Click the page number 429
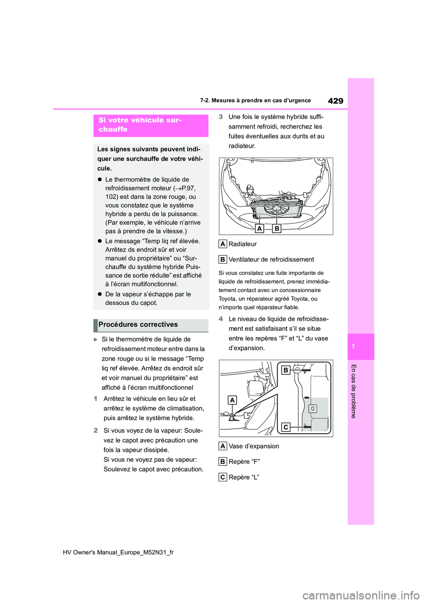point(335,101)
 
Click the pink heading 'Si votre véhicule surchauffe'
point(140,125)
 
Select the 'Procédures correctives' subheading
point(138,325)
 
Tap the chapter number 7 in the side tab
point(354,346)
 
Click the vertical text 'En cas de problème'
point(354,391)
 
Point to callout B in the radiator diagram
point(277,228)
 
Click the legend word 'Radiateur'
point(242,244)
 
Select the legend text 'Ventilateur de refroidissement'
point(271,260)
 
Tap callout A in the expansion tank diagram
point(232,400)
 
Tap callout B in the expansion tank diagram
point(286,370)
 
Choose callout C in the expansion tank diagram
point(286,427)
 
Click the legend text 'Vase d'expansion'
point(254,446)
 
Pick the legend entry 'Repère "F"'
point(244,462)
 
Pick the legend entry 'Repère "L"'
point(244,477)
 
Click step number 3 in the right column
point(221,117)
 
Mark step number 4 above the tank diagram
point(221,319)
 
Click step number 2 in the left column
point(96,430)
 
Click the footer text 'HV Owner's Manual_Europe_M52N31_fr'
point(118,552)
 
